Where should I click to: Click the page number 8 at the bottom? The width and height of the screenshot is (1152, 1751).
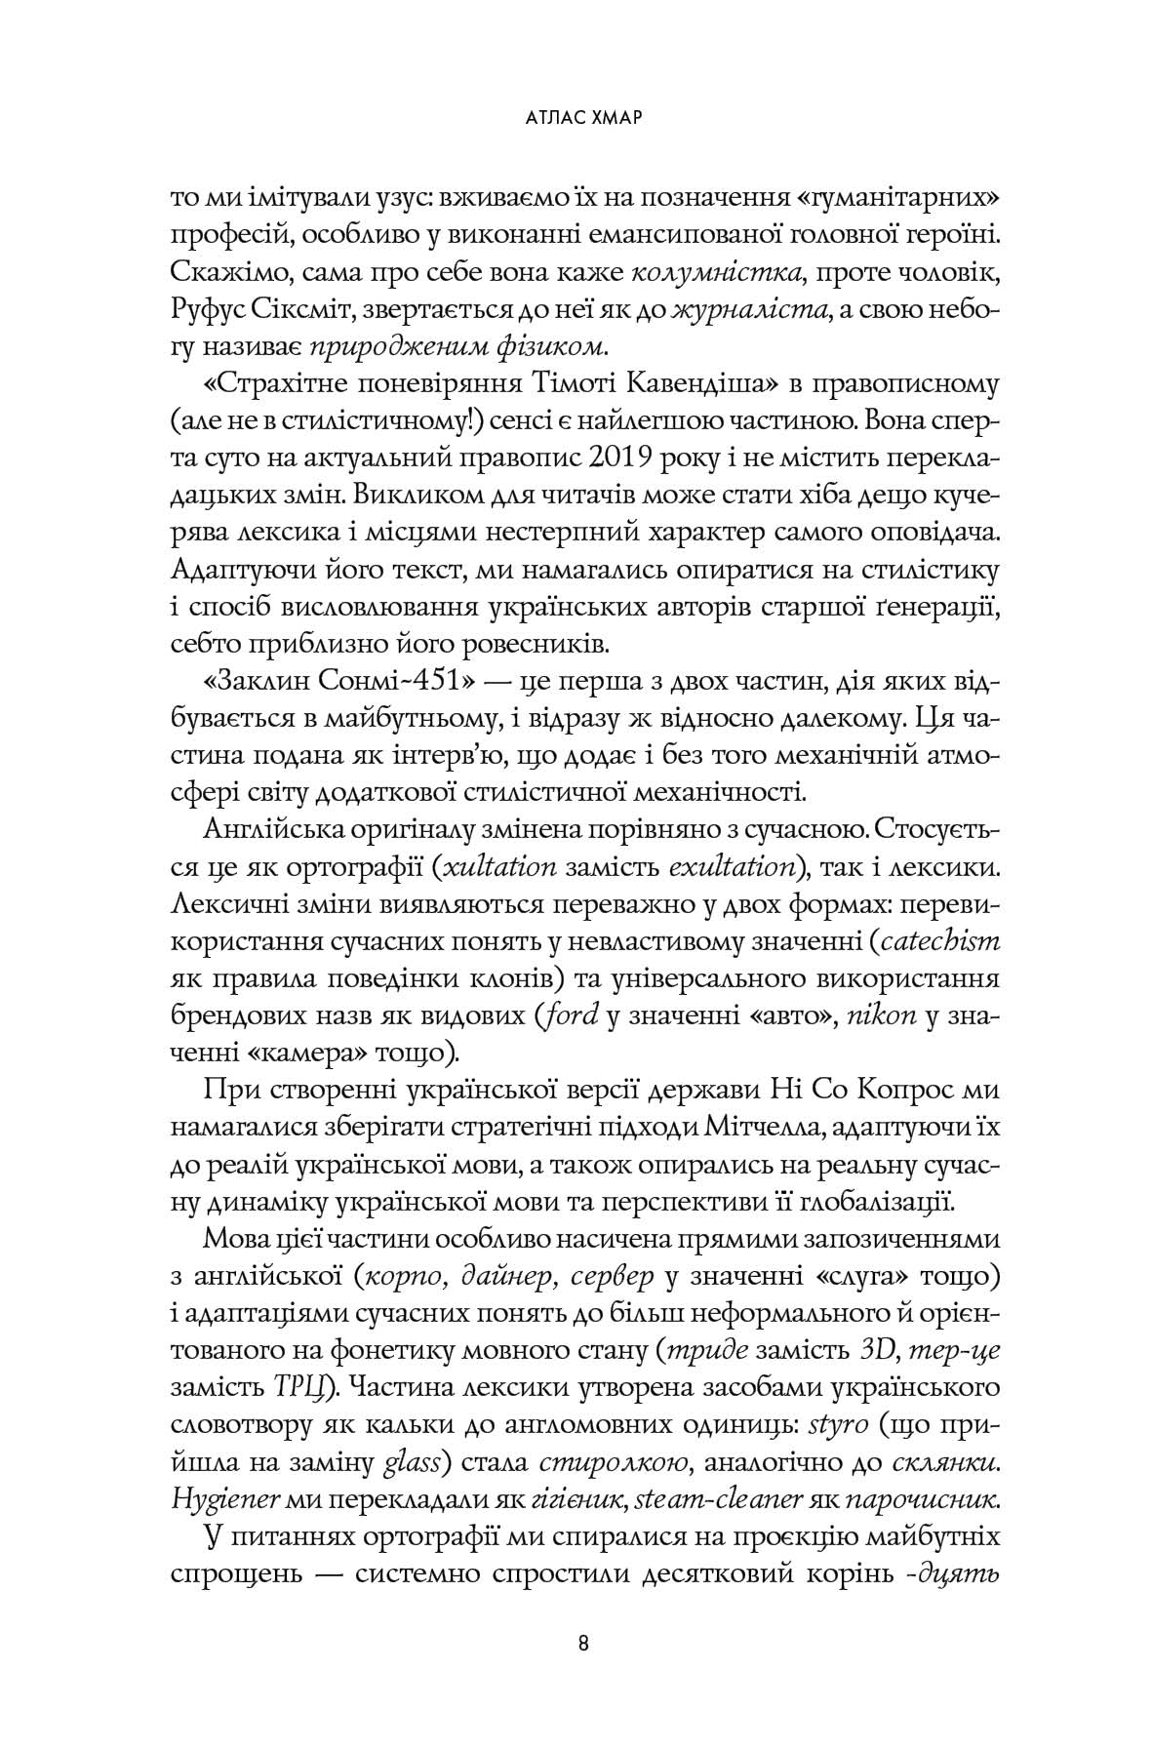(x=582, y=1642)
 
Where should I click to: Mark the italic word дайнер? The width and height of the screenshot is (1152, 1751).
(x=492, y=1272)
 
